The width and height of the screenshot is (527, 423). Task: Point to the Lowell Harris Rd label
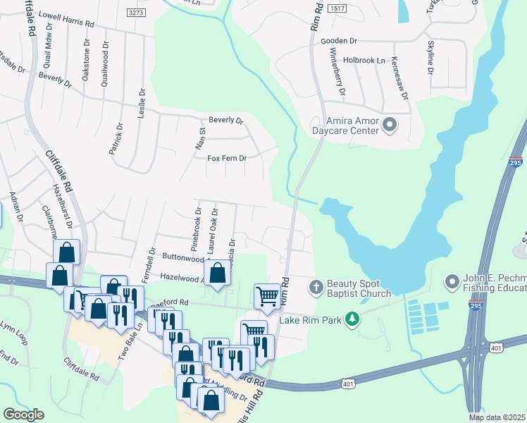click(x=66, y=18)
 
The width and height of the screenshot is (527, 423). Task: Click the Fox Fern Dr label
click(x=226, y=159)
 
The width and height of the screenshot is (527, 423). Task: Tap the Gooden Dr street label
click(x=340, y=41)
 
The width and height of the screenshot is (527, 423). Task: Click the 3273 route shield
click(x=137, y=13)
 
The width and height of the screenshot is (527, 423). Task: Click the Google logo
click(x=23, y=414)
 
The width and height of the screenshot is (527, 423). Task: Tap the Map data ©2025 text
click(x=497, y=417)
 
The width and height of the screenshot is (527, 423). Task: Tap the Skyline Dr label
click(x=430, y=59)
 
